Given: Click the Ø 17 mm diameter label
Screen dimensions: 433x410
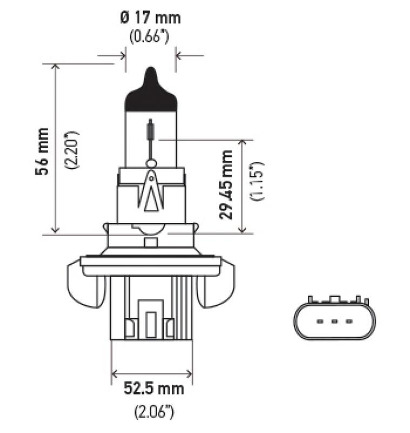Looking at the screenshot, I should tap(150, 18).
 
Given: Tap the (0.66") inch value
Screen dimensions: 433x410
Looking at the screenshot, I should tap(150, 38).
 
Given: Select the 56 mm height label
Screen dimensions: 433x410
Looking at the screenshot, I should tap(41, 151).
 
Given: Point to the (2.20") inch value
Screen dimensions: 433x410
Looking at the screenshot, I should tap(71, 150).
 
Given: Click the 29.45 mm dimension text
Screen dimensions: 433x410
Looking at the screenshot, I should tap(226, 185).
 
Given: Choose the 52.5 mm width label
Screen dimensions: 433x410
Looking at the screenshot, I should tap(153, 388).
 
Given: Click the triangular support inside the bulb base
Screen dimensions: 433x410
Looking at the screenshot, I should tap(151, 192).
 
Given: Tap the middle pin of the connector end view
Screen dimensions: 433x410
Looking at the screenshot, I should tap(334, 322).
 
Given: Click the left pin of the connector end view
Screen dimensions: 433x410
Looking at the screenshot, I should tap(320, 322).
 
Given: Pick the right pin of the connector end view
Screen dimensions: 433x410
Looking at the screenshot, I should tap(348, 322).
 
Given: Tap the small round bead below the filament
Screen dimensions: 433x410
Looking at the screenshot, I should tap(151, 163).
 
